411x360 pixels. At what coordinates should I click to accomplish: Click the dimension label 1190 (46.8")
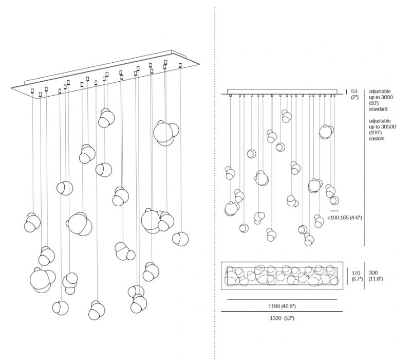[282, 306]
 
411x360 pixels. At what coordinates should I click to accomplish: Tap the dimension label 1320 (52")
[282, 318]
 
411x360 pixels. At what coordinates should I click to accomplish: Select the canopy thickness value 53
[354, 92]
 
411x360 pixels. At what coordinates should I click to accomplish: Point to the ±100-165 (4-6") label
[344, 218]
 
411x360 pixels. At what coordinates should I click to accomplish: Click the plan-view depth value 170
[356, 273]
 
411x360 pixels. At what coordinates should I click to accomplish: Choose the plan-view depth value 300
[373, 273]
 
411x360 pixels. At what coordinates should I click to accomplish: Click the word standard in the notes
[378, 109]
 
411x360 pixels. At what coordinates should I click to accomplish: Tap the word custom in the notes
[377, 138]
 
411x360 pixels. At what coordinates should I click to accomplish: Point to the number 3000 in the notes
[387, 97]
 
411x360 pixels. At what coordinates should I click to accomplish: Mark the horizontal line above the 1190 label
[282, 299]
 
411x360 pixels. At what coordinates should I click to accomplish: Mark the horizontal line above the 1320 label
[282, 312]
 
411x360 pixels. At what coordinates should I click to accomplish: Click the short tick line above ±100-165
[334, 211]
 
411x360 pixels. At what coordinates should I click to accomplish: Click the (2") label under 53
[354, 97]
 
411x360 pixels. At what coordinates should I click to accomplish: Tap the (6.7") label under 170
[358, 279]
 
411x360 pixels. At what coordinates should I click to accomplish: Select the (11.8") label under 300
[376, 279]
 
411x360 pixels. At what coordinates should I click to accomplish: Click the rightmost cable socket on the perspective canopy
[180, 65]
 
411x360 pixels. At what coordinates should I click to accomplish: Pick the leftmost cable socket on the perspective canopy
[32, 91]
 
